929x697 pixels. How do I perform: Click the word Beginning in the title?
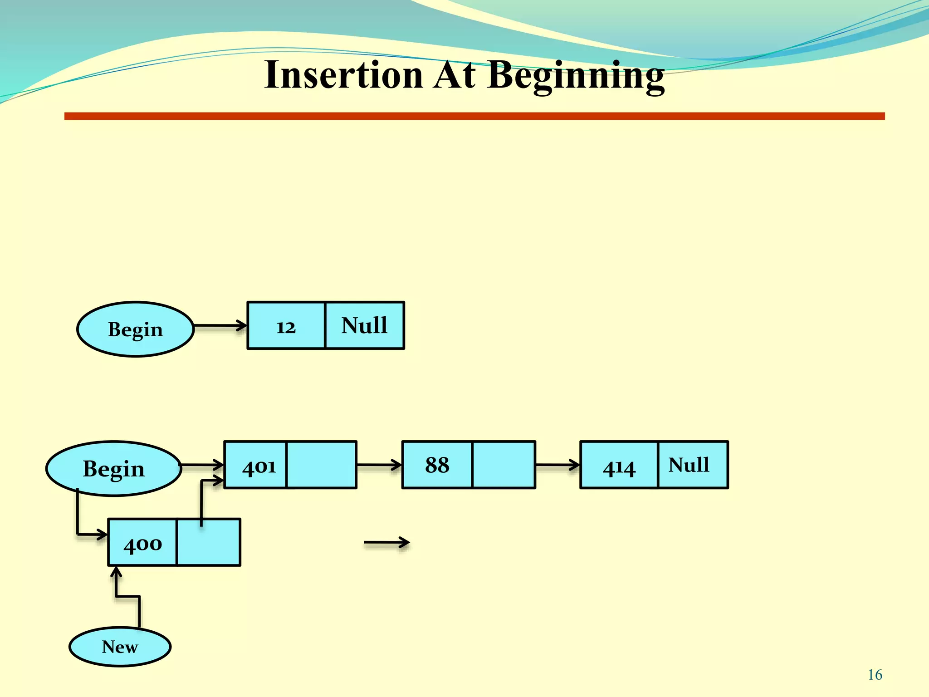[576, 75]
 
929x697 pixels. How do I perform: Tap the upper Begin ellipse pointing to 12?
[135, 329]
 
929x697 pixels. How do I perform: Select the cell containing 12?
[286, 326]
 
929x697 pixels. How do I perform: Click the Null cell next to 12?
[365, 326]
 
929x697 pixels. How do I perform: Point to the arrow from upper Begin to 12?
[220, 325]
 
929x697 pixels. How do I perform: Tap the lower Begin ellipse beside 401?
[113, 468]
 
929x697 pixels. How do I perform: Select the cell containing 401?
[256, 465]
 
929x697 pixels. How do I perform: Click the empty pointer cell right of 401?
[322, 465]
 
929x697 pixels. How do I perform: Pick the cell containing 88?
[437, 465]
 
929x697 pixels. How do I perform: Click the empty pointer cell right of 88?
[504, 465]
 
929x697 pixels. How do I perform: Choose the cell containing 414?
[619, 465]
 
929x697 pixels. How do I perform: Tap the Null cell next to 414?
[693, 465]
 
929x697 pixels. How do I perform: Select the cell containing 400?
[142, 543]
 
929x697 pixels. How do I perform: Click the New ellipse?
[120, 647]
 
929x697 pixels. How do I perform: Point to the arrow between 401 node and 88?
[379, 465]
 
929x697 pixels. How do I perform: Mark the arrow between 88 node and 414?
[557, 465]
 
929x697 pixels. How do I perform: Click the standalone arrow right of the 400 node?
[386, 542]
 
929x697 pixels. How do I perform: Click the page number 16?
[875, 675]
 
